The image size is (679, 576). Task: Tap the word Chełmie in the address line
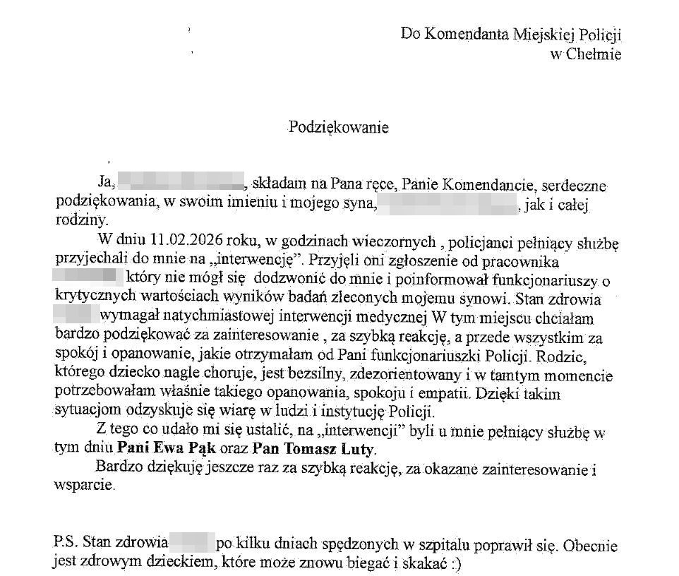[x=595, y=54]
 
